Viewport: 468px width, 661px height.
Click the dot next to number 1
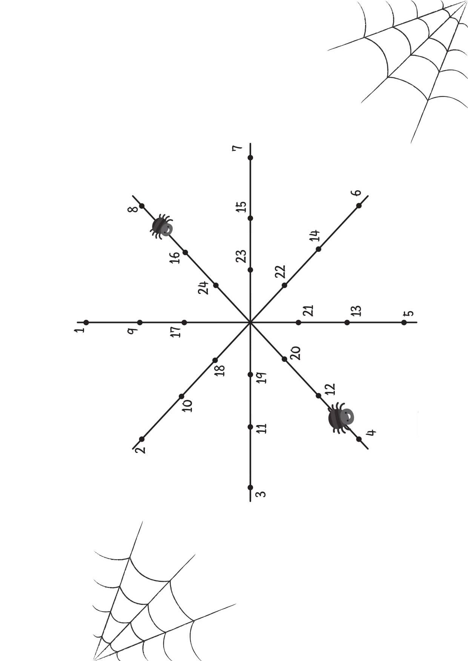click(86, 322)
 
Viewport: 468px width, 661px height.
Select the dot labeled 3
click(250, 487)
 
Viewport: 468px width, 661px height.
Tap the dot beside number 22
click(284, 285)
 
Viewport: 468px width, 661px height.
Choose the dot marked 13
click(347, 322)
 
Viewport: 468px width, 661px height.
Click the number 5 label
click(409, 313)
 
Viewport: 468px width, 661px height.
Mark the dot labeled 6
click(359, 205)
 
